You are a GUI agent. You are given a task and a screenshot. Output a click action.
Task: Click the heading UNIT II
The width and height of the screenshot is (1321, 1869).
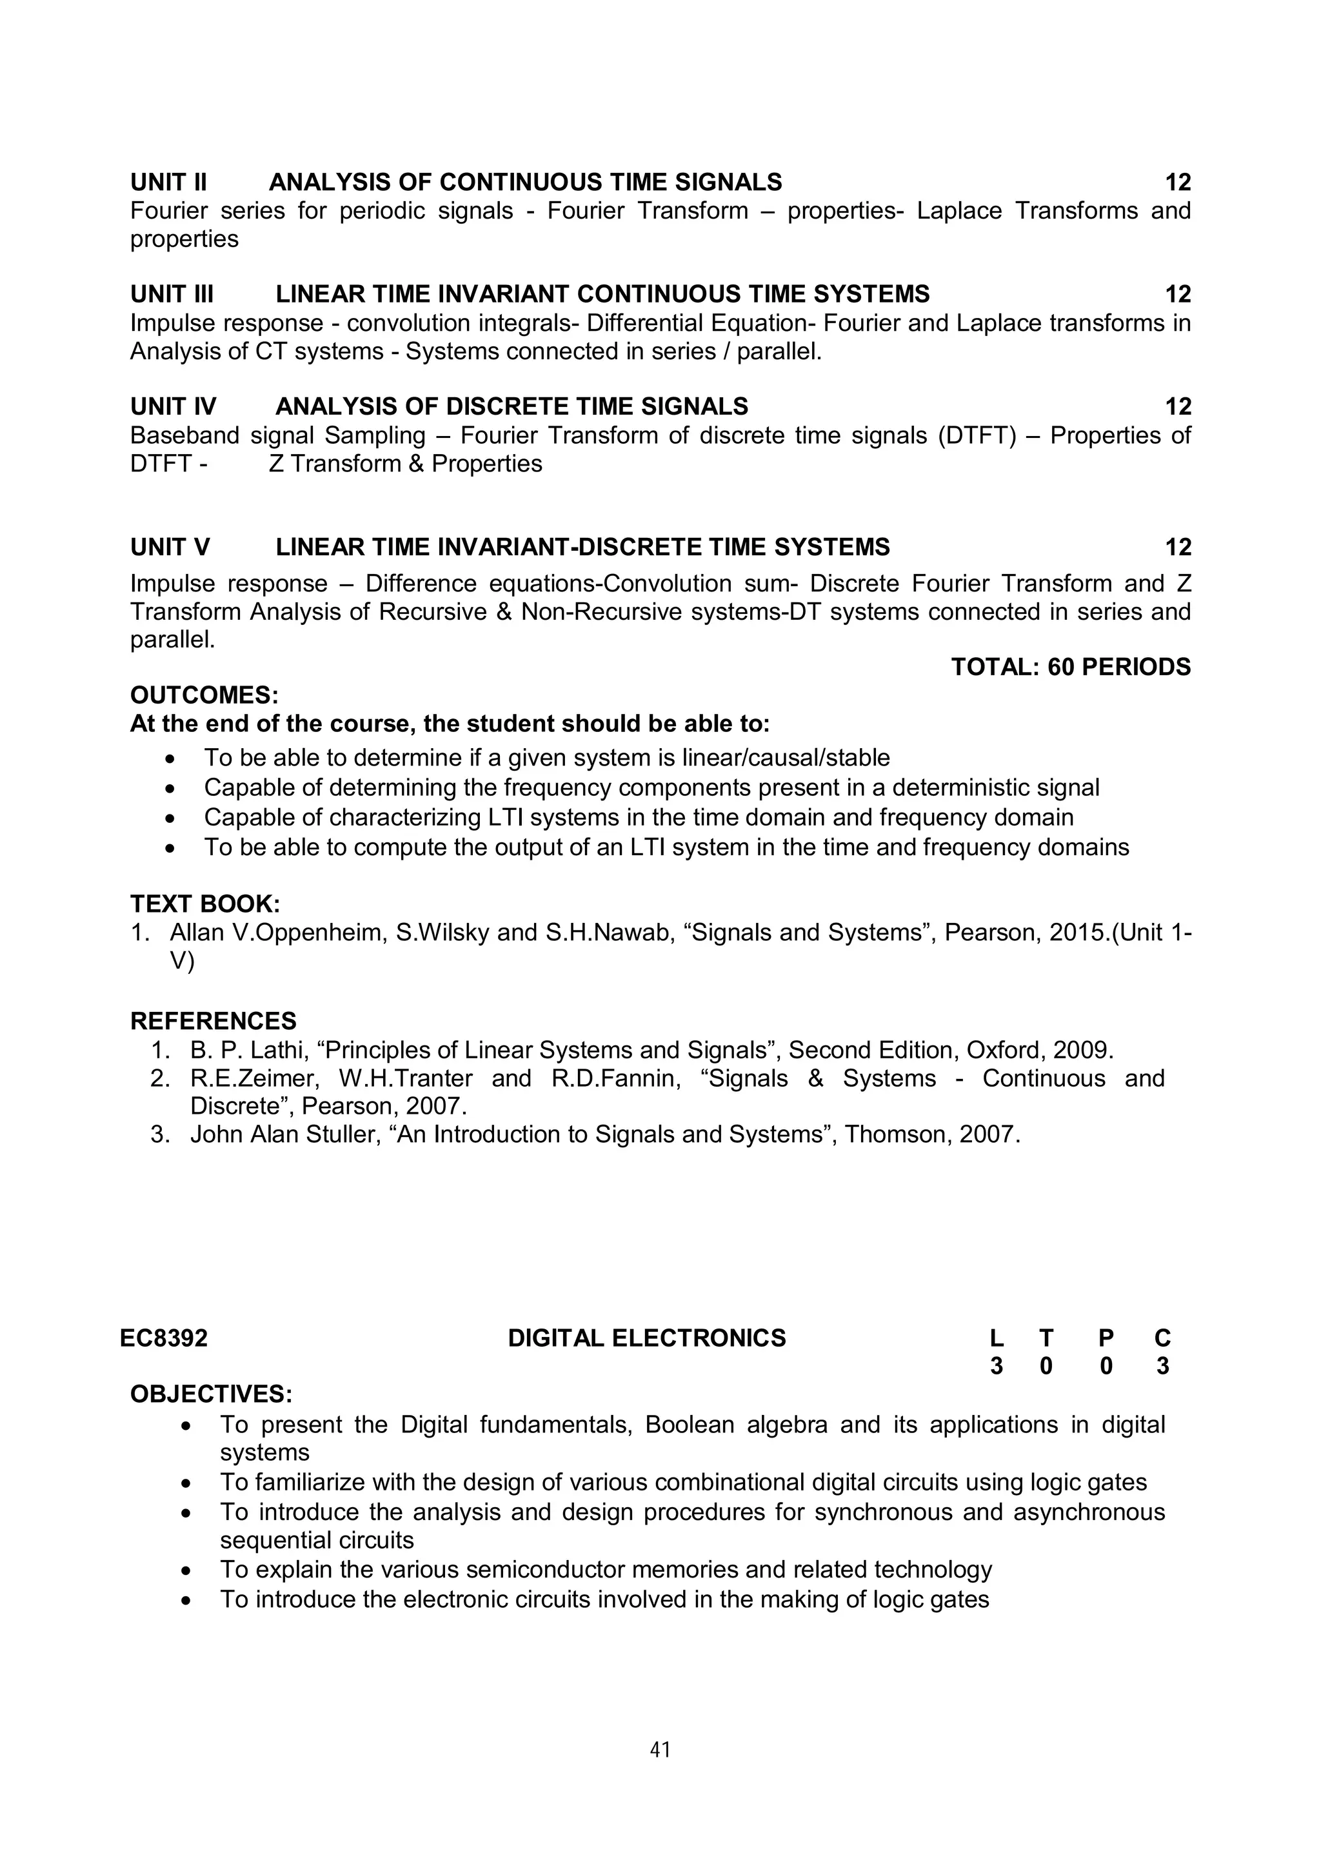pos(168,181)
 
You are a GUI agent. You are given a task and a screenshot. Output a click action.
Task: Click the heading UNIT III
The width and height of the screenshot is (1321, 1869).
pos(172,294)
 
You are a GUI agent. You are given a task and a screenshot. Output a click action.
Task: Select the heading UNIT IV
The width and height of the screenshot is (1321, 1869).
pos(174,406)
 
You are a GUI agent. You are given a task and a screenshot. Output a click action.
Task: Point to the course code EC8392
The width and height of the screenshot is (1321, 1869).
pos(164,1338)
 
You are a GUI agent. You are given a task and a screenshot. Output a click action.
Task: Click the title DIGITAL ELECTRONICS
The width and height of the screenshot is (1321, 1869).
pos(646,1338)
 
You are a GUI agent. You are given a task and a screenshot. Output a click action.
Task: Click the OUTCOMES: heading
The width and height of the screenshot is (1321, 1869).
pos(204,695)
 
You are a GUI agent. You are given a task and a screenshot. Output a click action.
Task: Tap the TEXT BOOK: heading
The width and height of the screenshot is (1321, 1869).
pos(205,904)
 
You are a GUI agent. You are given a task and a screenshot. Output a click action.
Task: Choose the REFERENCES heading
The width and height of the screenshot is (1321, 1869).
pos(214,1021)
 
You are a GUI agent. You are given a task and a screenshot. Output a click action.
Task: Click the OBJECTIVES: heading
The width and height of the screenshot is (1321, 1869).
pos(212,1394)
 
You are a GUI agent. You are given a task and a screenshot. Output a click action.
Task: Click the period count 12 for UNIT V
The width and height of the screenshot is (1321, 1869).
pos(1178,547)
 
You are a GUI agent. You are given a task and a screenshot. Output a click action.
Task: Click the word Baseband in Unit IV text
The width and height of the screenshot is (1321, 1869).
pos(184,435)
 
